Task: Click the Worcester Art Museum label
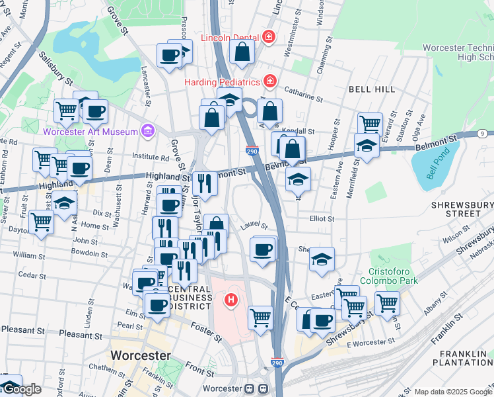coord(90,131)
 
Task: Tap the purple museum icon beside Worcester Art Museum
coord(147,130)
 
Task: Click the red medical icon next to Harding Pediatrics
coord(269,81)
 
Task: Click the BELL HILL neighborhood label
coord(372,89)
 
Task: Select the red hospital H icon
coord(231,300)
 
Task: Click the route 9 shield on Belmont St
coord(482,134)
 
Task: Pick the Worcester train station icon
coord(250,388)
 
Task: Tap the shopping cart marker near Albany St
coord(388,304)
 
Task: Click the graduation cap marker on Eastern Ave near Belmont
coord(367,146)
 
